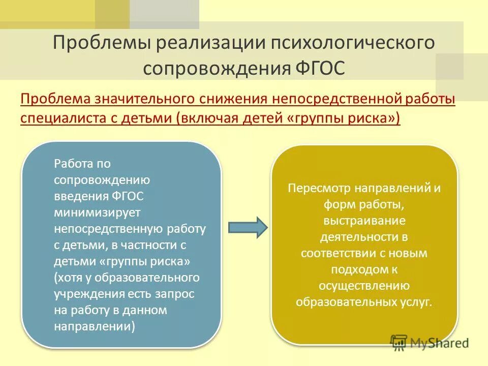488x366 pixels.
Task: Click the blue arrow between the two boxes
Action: point(247,227)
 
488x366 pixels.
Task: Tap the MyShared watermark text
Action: point(441,343)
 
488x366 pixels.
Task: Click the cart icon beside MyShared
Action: point(399,342)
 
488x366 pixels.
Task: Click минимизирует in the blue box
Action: point(94,212)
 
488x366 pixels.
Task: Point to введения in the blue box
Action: point(80,196)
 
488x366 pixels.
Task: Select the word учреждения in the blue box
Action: point(85,294)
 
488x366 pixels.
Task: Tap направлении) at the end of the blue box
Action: point(95,326)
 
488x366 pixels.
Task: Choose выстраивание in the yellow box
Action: point(364,221)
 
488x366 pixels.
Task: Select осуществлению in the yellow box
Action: point(364,285)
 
